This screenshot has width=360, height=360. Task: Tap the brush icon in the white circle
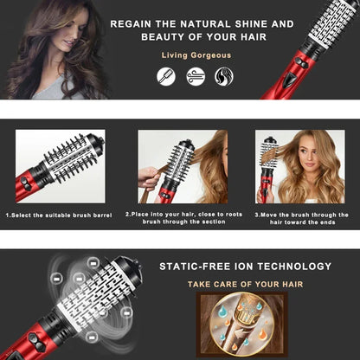(165, 76)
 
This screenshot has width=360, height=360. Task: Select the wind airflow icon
(195, 76)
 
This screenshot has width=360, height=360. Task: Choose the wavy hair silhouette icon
(223, 76)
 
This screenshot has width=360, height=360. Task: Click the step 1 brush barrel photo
(60, 166)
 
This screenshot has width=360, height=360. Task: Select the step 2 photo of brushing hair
(182, 166)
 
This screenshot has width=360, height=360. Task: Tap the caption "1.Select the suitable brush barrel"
(60, 215)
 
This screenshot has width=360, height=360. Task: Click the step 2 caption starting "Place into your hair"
(182, 218)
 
